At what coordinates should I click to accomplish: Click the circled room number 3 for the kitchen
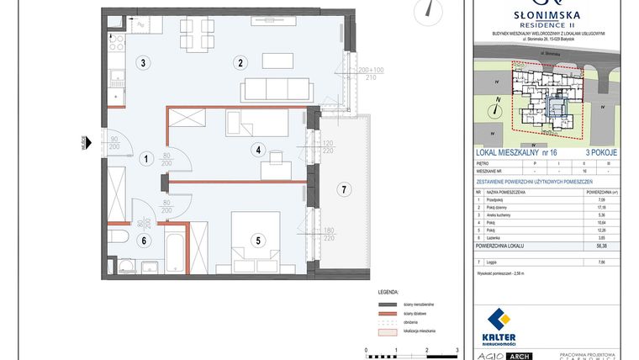[144, 62]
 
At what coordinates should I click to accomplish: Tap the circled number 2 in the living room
[240, 62]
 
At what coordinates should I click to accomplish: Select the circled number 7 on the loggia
[342, 189]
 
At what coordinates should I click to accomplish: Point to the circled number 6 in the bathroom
[144, 241]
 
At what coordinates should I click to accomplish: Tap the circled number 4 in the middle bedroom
[259, 151]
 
